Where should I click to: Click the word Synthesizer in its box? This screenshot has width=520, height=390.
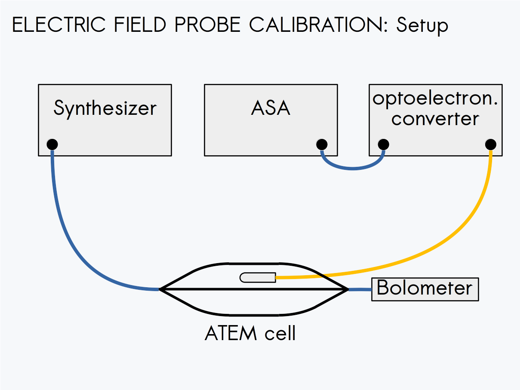[105, 108]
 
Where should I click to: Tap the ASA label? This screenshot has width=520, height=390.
[271, 108]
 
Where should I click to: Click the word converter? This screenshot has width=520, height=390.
[435, 119]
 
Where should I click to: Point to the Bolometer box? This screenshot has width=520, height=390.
[425, 289]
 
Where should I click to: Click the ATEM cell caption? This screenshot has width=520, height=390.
[250, 333]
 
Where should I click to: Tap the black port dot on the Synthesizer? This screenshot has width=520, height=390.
[52, 144]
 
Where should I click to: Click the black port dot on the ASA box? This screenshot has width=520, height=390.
[321, 144]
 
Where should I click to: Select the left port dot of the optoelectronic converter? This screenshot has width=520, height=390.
[383, 144]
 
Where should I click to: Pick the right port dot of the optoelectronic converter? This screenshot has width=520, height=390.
[490, 144]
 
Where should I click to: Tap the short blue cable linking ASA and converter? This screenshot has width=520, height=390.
[352, 169]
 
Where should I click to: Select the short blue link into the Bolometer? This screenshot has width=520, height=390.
[360, 290]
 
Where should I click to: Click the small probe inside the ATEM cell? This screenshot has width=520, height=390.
[258, 278]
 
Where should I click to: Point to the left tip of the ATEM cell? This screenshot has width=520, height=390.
[160, 289]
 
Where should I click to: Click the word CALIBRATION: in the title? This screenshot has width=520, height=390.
[320, 25]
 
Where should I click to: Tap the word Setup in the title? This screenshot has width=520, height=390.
[422, 26]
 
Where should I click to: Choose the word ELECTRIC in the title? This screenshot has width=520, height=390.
[58, 25]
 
